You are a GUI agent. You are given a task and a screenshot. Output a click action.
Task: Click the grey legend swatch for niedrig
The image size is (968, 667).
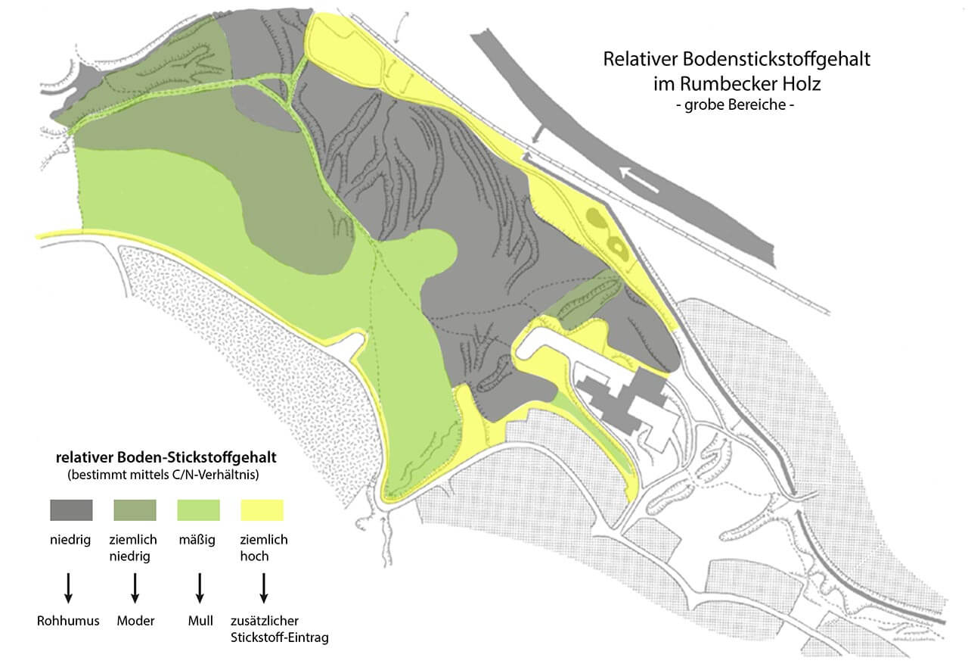click(x=71, y=510)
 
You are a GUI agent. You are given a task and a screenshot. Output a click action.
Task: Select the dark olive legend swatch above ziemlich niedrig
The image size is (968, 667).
click(x=135, y=510)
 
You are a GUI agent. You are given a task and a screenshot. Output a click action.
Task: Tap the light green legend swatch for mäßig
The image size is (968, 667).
click(x=198, y=510)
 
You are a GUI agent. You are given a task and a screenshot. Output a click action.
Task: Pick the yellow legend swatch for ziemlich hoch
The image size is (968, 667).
click(x=262, y=510)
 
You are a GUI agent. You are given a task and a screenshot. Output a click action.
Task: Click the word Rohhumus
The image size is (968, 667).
click(x=68, y=621)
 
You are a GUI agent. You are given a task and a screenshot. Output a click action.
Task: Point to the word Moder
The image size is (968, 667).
click(x=135, y=621)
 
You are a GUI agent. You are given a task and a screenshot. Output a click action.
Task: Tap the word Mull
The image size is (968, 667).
click(x=200, y=621)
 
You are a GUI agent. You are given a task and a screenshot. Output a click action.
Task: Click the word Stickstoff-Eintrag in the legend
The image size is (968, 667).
click(x=280, y=637)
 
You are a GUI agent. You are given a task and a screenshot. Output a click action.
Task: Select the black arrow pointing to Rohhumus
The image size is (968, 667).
click(x=68, y=588)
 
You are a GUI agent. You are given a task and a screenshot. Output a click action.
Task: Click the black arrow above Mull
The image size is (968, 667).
click(x=200, y=588)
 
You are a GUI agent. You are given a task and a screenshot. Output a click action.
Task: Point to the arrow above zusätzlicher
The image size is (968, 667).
click(x=264, y=588)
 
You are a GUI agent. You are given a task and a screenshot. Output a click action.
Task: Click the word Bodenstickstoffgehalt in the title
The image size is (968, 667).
click(x=777, y=59)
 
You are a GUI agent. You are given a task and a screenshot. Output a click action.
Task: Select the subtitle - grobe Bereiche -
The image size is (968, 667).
click(x=735, y=104)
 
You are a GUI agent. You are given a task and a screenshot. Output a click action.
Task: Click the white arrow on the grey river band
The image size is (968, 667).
click(x=639, y=179)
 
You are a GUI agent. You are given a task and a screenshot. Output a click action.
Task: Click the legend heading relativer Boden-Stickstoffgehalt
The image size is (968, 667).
click(x=166, y=457)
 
